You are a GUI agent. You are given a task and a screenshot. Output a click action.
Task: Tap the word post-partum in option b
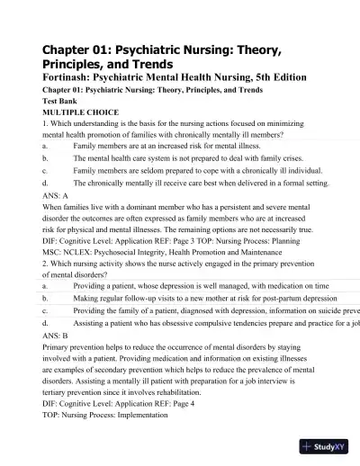click(x=265, y=298)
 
